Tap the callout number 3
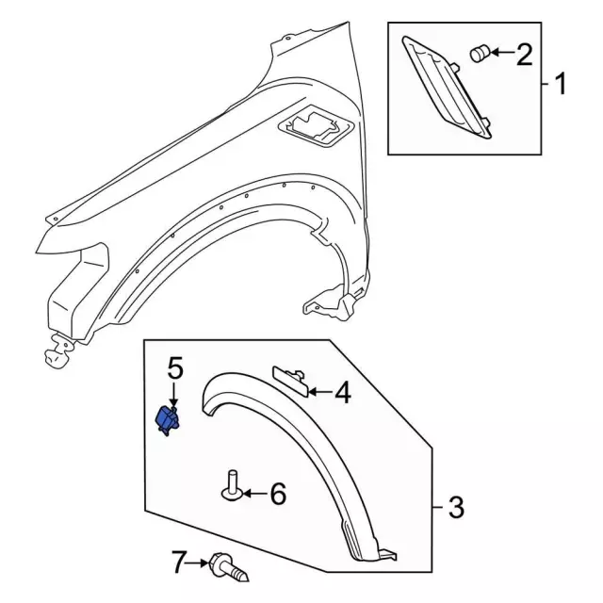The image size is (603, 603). (x=456, y=509)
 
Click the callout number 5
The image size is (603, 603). (x=174, y=367)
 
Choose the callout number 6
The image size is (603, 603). (x=277, y=493)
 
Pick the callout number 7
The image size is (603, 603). (x=178, y=563)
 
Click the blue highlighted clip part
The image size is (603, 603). (x=169, y=417)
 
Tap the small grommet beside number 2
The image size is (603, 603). (x=479, y=54)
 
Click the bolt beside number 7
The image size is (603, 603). (x=230, y=566)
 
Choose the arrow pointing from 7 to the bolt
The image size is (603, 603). (x=201, y=563)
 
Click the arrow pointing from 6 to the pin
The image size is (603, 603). (x=253, y=493)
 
